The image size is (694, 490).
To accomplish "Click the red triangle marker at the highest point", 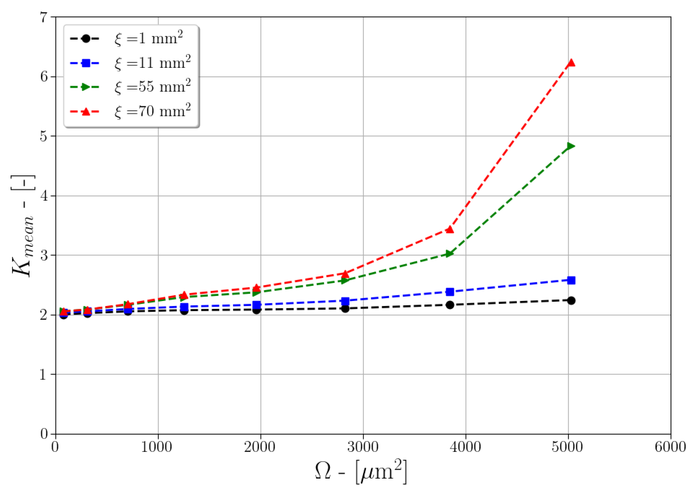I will coord(571,63).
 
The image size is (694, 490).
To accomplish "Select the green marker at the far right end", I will coord(571,146).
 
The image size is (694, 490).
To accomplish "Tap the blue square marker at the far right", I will coord(571,280).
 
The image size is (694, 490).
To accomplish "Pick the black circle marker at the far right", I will coord(571,301).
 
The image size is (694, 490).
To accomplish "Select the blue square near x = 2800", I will coord(345,301).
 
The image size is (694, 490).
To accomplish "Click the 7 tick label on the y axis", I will coord(44,18).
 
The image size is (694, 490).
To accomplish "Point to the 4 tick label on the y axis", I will coord(44,196).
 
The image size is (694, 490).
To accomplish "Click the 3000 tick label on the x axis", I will coord(363,447).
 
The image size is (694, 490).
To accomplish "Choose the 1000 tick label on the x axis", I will coord(157,447).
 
